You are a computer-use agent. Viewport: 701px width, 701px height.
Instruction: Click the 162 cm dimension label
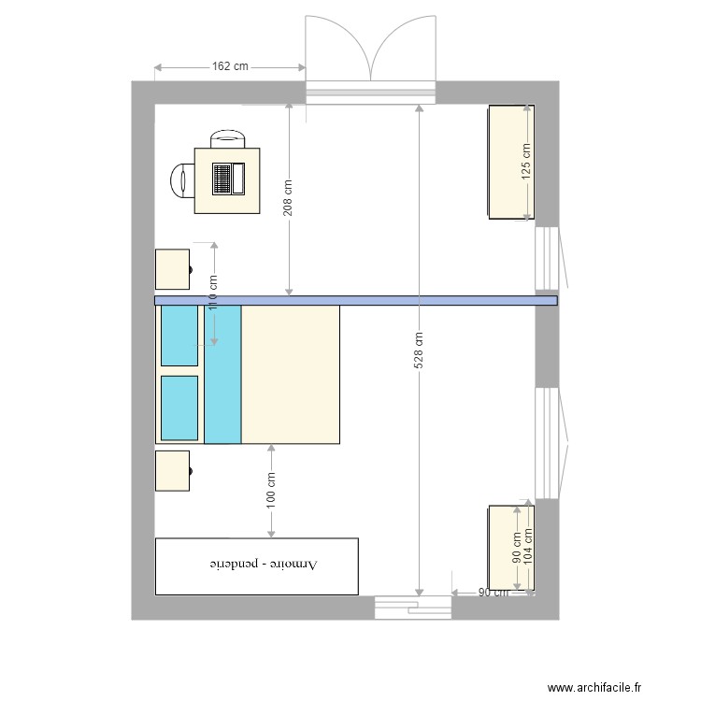(x=230, y=66)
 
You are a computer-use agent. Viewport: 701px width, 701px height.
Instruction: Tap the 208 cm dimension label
(x=288, y=197)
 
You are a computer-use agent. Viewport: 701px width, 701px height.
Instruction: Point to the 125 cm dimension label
(x=526, y=161)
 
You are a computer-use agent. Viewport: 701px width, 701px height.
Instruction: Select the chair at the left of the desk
(x=181, y=179)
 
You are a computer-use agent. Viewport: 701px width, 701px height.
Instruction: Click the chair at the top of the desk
(x=229, y=139)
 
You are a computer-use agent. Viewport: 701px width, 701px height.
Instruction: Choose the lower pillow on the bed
(x=179, y=408)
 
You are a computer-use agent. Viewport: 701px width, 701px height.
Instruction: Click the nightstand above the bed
(x=173, y=269)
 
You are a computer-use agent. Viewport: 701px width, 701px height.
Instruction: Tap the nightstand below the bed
(x=173, y=471)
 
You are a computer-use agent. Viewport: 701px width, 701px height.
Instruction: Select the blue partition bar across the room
(x=355, y=301)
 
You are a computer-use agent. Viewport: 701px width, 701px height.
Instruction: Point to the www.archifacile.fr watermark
(x=595, y=687)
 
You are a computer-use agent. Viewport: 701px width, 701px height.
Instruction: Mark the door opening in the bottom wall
(x=412, y=608)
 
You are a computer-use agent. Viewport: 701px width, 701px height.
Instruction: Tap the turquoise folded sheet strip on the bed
(x=222, y=374)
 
